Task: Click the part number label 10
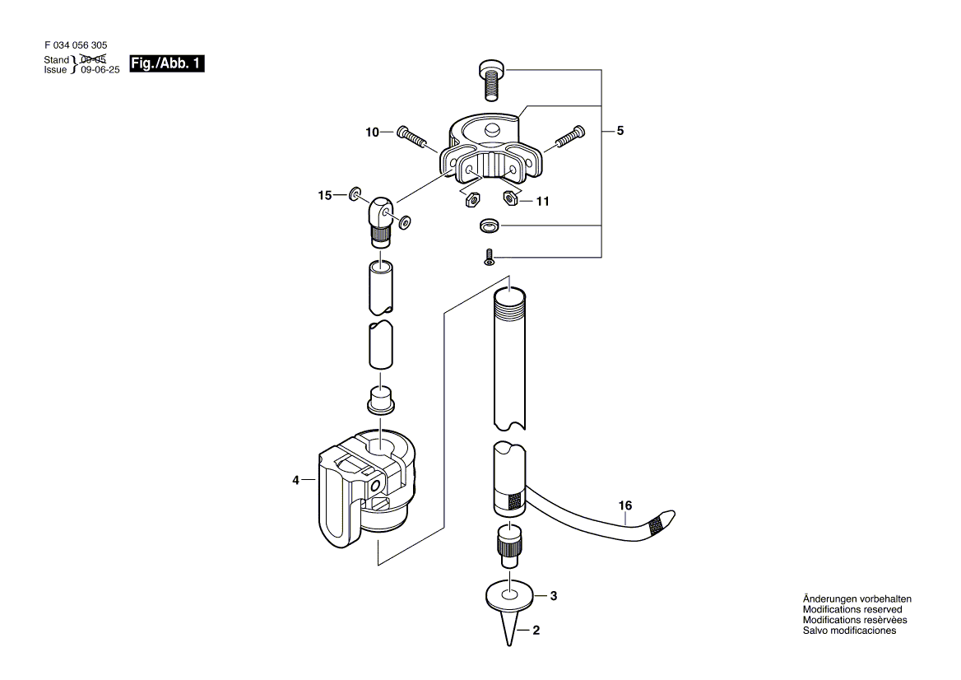click(373, 132)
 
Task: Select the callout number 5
click(620, 130)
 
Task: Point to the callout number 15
click(325, 195)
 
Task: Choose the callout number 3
click(554, 596)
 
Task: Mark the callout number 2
click(536, 632)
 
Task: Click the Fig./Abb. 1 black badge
click(166, 63)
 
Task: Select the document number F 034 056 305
click(76, 46)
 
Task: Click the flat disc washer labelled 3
click(510, 594)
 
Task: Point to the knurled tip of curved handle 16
click(662, 523)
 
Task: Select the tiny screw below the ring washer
click(488, 257)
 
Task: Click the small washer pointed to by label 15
click(355, 194)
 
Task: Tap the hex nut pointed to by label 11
click(510, 197)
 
